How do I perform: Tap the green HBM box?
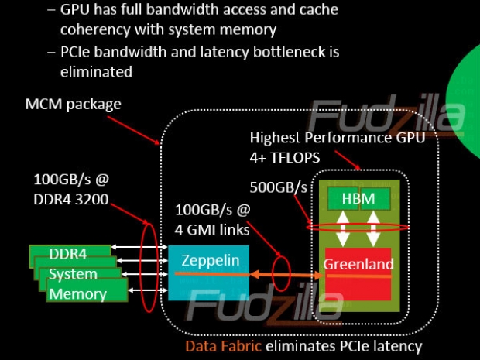coord(357,199)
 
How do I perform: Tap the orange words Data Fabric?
coord(224,346)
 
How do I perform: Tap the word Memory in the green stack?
coord(77,293)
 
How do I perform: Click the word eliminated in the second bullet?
coord(96,71)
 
